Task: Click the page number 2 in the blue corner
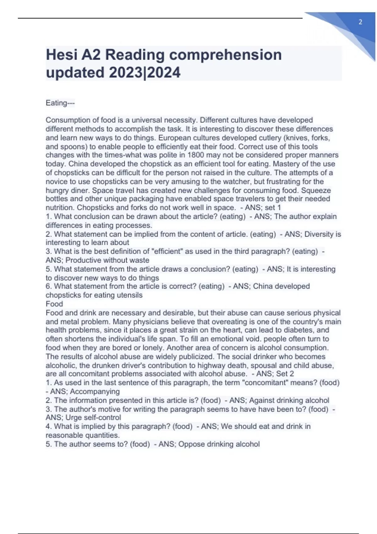(x=360, y=22)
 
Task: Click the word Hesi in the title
(x=62, y=55)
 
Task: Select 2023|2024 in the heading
(x=145, y=73)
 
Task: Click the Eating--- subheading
(x=60, y=103)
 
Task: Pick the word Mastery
(x=286, y=164)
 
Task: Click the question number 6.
(x=48, y=286)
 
